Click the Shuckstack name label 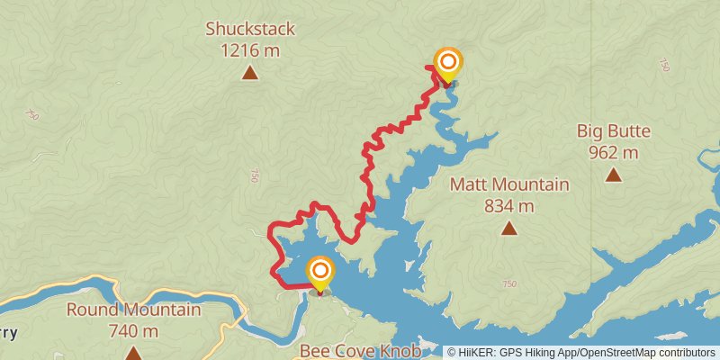(x=250, y=29)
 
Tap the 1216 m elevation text (x=250, y=50)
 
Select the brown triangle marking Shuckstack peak (x=250, y=73)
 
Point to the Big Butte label (x=614, y=131)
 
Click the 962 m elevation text (x=614, y=153)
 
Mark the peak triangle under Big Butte (x=614, y=175)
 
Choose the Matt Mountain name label (x=509, y=184)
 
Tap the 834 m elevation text (x=509, y=206)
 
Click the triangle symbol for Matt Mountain (x=509, y=228)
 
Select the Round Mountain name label (x=133, y=310)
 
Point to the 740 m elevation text (x=133, y=331)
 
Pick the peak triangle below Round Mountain (x=133, y=353)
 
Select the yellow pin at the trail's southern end (x=319, y=273)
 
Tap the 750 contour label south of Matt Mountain (x=509, y=284)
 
